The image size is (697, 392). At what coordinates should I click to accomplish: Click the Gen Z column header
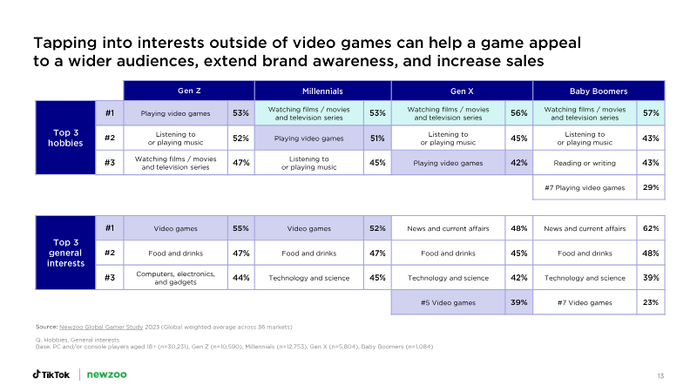pyautogui.click(x=189, y=91)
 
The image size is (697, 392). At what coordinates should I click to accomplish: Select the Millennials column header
pyautogui.click(x=322, y=91)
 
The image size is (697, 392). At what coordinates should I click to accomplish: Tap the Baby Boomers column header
pyautogui.click(x=599, y=91)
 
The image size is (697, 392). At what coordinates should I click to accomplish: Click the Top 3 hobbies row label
pyautogui.click(x=65, y=138)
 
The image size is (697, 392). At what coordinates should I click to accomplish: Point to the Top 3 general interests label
pyautogui.click(x=65, y=253)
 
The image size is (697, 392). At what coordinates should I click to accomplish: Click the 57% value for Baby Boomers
pyautogui.click(x=651, y=113)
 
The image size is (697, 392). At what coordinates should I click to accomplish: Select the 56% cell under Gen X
pyautogui.click(x=518, y=113)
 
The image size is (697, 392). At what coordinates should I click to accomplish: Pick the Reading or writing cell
pyautogui.click(x=585, y=163)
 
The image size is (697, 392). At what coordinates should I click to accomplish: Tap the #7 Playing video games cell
pyautogui.click(x=585, y=187)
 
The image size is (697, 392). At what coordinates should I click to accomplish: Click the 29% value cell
pyautogui.click(x=651, y=187)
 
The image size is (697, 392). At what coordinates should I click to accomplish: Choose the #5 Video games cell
pyautogui.click(x=448, y=302)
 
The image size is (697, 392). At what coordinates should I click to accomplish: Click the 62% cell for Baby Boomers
pyautogui.click(x=651, y=228)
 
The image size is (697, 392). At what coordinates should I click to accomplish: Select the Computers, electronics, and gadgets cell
pyautogui.click(x=176, y=278)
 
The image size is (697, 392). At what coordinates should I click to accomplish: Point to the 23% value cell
pyautogui.click(x=651, y=302)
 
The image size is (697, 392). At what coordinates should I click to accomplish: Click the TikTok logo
pyautogui.click(x=51, y=375)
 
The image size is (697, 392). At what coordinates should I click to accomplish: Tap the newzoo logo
pyautogui.click(x=106, y=375)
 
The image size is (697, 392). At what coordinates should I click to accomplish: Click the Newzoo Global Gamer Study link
pyautogui.click(x=101, y=328)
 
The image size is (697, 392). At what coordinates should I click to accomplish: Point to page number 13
pyautogui.click(x=660, y=376)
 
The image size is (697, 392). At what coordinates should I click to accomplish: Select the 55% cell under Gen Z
pyautogui.click(x=241, y=228)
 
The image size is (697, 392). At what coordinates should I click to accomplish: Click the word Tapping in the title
pyautogui.click(x=64, y=44)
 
